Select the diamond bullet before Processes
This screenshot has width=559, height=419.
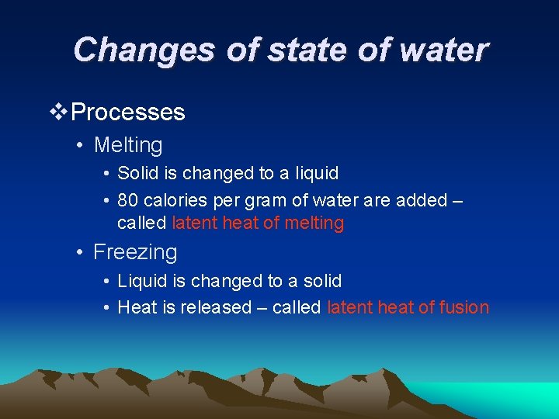pyautogui.click(x=58, y=113)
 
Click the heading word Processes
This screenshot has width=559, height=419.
pyautogui.click(x=128, y=113)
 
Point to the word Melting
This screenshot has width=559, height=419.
pyautogui.click(x=128, y=145)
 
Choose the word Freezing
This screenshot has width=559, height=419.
pyautogui.click(x=135, y=252)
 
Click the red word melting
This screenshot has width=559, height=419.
pyautogui.click(x=314, y=223)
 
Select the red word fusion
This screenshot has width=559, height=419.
pyautogui.click(x=464, y=307)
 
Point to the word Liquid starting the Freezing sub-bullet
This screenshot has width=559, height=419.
pyautogui.click(x=141, y=280)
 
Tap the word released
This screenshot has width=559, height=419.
pyautogui.click(x=216, y=307)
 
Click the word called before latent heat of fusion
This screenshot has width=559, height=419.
pyautogui.click(x=296, y=307)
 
